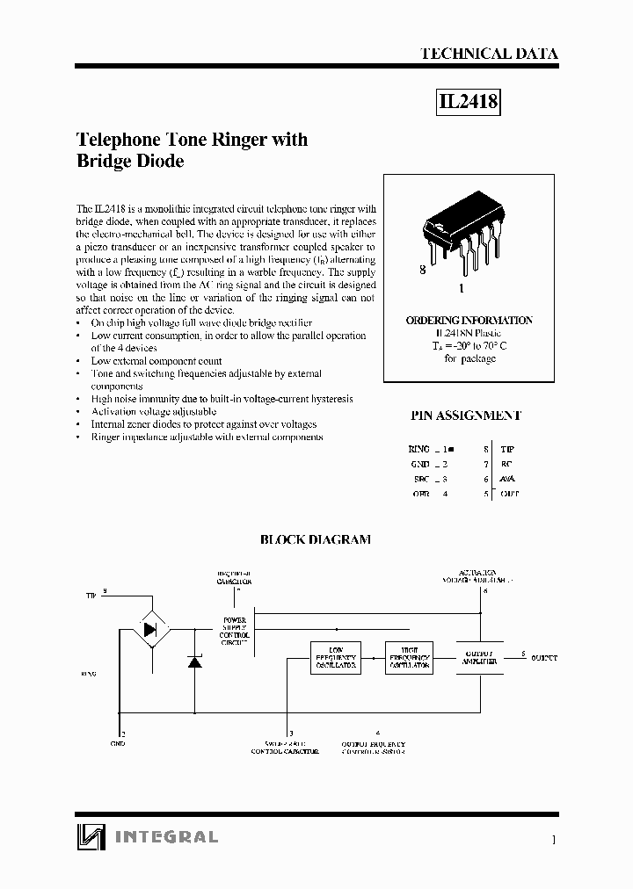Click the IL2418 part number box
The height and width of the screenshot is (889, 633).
click(469, 103)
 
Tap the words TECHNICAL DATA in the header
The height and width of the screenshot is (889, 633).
click(489, 54)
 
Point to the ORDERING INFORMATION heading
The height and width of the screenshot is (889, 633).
click(469, 321)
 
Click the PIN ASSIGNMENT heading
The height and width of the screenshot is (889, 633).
click(466, 416)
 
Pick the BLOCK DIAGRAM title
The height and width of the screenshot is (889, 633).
click(316, 539)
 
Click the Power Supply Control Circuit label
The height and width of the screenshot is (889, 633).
click(235, 631)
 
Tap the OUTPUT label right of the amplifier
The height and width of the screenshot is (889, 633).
click(544, 657)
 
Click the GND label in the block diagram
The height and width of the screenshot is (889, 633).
click(118, 743)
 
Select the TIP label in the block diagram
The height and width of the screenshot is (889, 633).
click(91, 596)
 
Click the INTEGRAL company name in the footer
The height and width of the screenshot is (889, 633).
click(166, 837)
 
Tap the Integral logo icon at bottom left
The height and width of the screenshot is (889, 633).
click(90, 837)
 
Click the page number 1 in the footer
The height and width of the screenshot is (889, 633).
click(554, 841)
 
